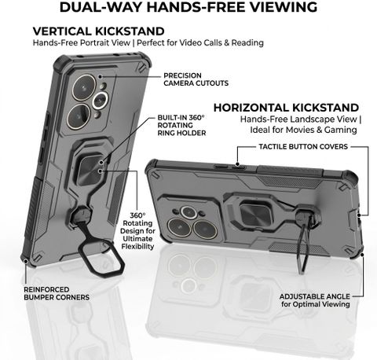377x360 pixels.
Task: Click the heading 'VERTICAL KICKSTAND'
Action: pos(98,31)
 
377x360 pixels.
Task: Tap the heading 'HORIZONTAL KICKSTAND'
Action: pos(286,108)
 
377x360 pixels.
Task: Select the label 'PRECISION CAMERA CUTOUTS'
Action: pos(196,79)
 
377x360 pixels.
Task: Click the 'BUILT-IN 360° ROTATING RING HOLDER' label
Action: pos(181,125)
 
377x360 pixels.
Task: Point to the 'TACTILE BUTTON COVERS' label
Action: pos(303,146)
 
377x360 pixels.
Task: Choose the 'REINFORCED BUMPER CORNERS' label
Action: pos(57,293)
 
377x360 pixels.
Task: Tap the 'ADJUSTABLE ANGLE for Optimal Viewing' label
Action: pos(315,300)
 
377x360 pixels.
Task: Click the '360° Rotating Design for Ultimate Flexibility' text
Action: pos(137,231)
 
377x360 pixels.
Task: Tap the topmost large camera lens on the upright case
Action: pos(84,87)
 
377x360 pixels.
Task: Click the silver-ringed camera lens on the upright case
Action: pos(101,101)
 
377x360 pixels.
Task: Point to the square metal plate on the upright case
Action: pos(90,170)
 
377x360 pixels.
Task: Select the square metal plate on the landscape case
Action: pos(255,214)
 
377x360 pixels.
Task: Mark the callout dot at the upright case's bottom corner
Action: pos(26,261)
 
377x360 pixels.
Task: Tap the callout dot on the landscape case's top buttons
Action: pos(238,164)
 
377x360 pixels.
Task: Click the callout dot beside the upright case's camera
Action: pos(100,76)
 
